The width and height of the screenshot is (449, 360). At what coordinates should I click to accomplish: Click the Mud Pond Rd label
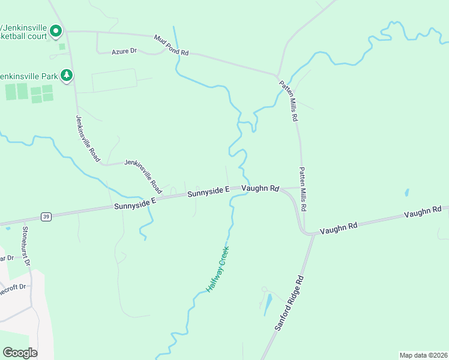(x=171, y=46)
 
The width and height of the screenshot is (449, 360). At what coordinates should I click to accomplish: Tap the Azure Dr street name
(x=124, y=52)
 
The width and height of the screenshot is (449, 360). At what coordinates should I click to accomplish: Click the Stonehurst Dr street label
(x=26, y=246)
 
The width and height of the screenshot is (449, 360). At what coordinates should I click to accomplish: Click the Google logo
(x=20, y=353)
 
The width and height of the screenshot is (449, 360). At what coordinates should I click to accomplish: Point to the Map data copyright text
(x=423, y=355)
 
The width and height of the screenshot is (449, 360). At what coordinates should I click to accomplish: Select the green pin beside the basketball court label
(x=56, y=29)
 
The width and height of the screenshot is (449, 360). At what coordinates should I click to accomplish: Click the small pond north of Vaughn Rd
(x=408, y=193)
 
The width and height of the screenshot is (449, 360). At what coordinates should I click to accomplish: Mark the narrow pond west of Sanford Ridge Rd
(x=268, y=305)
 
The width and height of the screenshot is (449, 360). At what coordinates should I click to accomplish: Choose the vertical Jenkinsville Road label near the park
(x=87, y=139)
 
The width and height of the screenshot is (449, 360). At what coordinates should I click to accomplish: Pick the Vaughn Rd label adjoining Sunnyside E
(x=261, y=189)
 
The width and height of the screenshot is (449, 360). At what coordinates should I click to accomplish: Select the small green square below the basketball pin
(x=62, y=47)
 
